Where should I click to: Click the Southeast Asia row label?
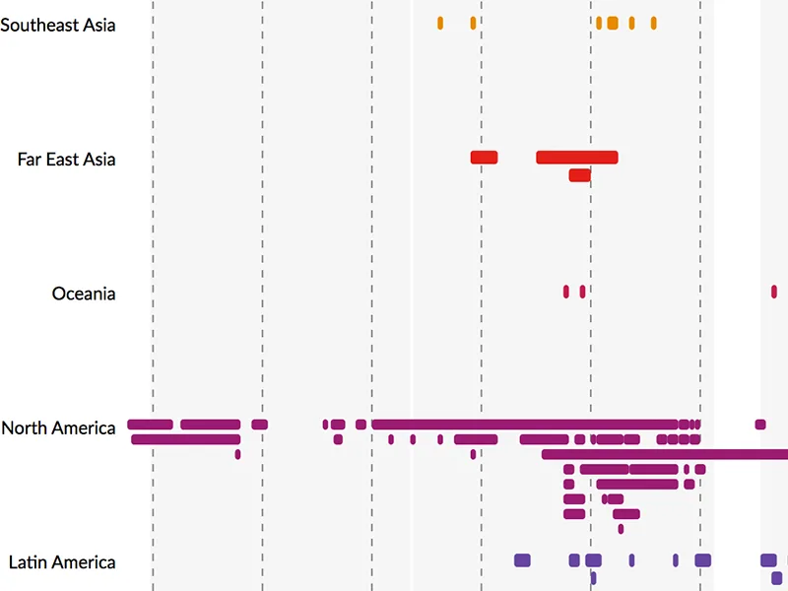click(x=58, y=25)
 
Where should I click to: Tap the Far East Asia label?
click(x=66, y=159)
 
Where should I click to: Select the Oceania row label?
click(x=84, y=294)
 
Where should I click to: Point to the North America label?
click(x=58, y=427)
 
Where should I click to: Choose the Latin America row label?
click(x=62, y=562)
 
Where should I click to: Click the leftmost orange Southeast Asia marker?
click(x=440, y=23)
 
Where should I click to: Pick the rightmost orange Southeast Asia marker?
click(x=653, y=23)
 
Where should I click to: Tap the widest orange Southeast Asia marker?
click(x=613, y=23)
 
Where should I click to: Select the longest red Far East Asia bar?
click(x=576, y=157)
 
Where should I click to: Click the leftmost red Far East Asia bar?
click(x=484, y=157)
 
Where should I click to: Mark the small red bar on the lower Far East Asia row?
click(x=579, y=175)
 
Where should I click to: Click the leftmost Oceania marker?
click(x=565, y=291)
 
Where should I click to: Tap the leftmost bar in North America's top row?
click(x=150, y=425)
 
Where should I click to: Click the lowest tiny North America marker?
click(x=621, y=529)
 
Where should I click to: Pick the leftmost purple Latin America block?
click(x=522, y=559)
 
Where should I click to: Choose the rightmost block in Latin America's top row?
click(x=768, y=559)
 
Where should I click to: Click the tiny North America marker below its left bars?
click(x=237, y=454)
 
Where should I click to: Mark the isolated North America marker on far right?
click(x=760, y=425)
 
